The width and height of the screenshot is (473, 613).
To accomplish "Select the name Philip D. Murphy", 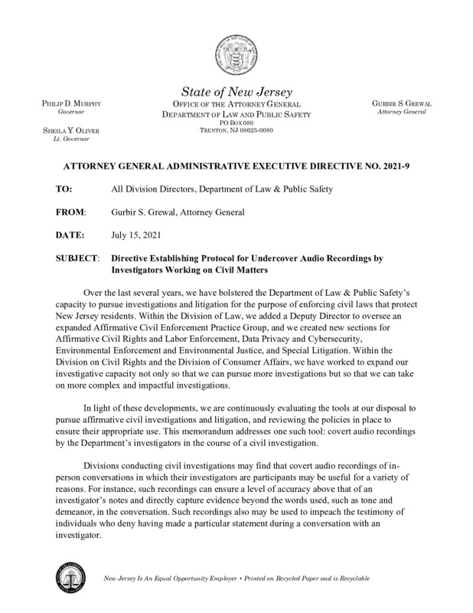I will (x=65, y=103).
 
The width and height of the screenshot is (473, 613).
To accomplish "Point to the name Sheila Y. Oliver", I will (x=65, y=132).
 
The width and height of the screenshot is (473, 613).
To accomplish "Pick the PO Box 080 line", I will (x=236, y=123).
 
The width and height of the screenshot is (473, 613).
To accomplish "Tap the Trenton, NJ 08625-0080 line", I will (x=236, y=131).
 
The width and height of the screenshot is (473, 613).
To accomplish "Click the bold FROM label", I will (x=70, y=211).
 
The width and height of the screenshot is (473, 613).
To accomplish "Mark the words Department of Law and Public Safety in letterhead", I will (x=236, y=113).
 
